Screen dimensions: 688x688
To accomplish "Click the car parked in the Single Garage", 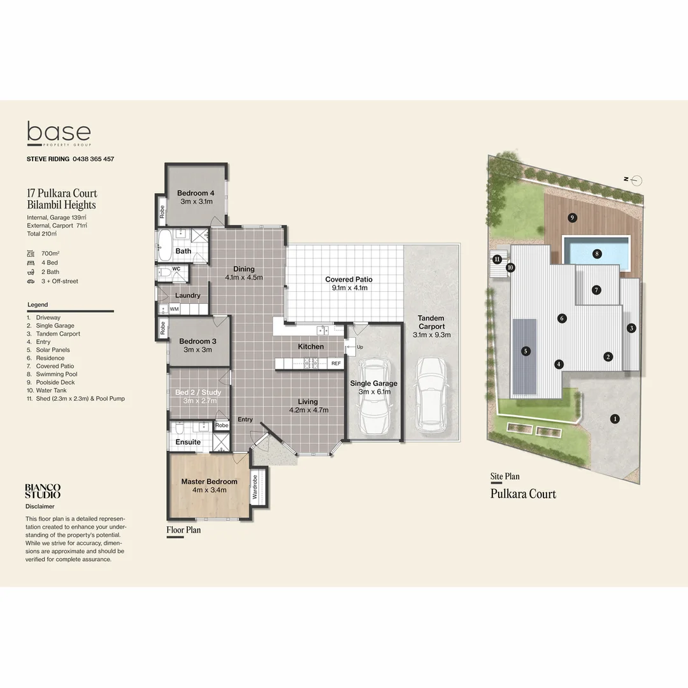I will pyautogui.click(x=375, y=396).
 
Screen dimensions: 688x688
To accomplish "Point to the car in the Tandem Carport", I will pyautogui.click(x=431, y=393).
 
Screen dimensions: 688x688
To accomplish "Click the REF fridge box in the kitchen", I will pyautogui.click(x=336, y=363).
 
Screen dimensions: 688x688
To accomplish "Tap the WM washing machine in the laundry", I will pyautogui.click(x=173, y=309).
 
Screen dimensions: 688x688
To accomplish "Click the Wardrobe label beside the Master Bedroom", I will pyautogui.click(x=255, y=487).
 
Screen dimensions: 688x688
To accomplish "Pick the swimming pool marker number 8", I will pyautogui.click(x=597, y=254).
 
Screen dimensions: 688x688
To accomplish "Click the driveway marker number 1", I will pyautogui.click(x=615, y=419).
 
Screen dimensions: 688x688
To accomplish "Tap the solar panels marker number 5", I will pyautogui.click(x=526, y=350).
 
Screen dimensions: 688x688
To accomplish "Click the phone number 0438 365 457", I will pyautogui.click(x=93, y=159).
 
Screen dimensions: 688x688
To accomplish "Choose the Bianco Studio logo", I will pyautogui.click(x=43, y=491).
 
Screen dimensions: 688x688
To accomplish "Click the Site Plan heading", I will pyautogui.click(x=505, y=477).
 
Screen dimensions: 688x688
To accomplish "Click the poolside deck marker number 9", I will pyautogui.click(x=572, y=218).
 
